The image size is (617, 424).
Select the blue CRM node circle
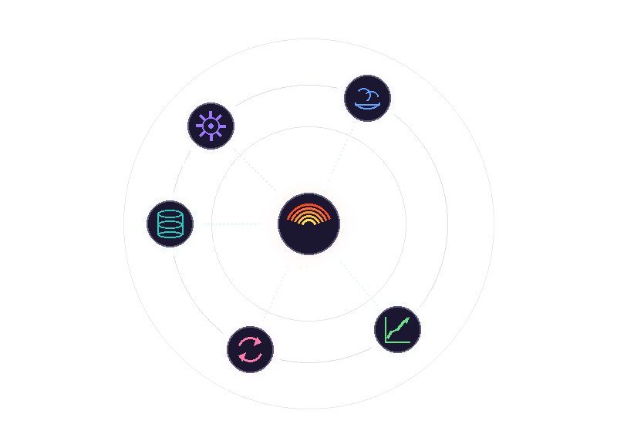[x=368, y=99]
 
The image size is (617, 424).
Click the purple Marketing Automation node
[x=210, y=125]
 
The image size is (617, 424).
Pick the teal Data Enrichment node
[x=170, y=224]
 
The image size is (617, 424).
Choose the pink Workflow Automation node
[x=250, y=349]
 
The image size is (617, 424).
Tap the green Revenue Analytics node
[x=397, y=329]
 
